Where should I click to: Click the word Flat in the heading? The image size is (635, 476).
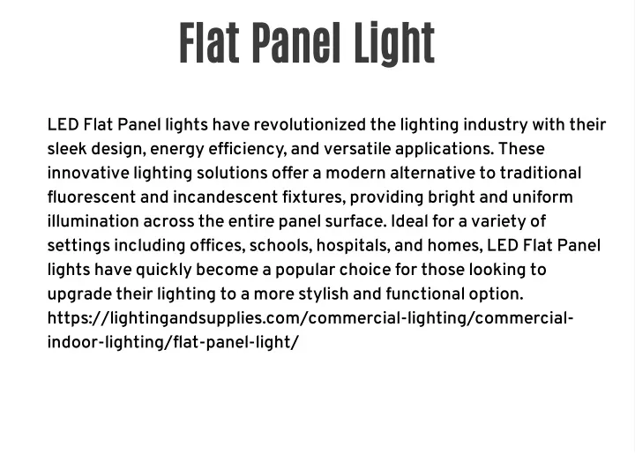pyautogui.click(x=209, y=43)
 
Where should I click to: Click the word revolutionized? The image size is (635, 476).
pyautogui.click(x=310, y=124)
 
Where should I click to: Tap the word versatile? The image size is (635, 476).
pyautogui.click(x=357, y=149)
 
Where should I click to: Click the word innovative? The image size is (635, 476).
pyautogui.click(x=88, y=173)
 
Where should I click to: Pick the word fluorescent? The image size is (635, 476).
pyautogui.click(x=92, y=197)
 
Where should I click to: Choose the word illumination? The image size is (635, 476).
pyautogui.click(x=93, y=221)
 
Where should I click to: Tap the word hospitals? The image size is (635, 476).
pyautogui.click(x=354, y=246)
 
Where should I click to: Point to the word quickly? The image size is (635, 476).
pyautogui.click(x=164, y=271)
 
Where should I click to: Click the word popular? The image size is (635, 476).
pyautogui.click(x=305, y=271)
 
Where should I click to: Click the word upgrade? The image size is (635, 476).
pyautogui.click(x=79, y=295)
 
